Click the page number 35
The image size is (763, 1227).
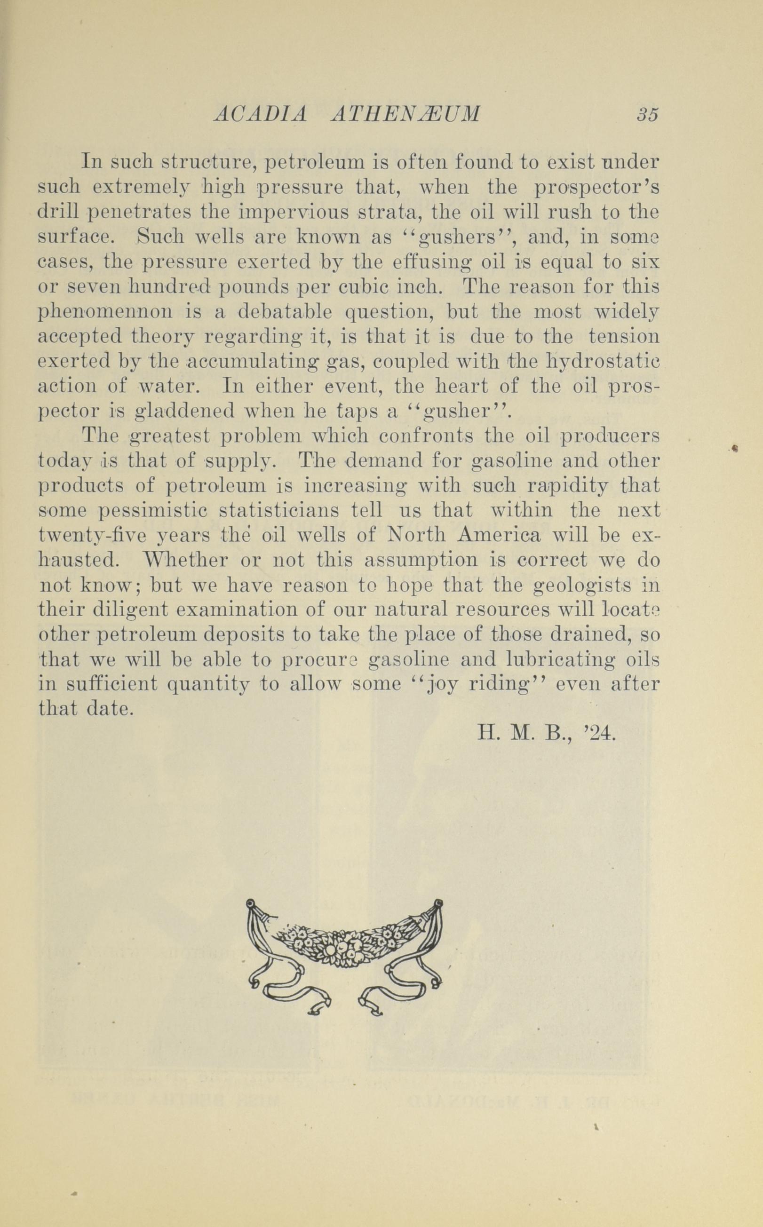click(647, 115)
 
